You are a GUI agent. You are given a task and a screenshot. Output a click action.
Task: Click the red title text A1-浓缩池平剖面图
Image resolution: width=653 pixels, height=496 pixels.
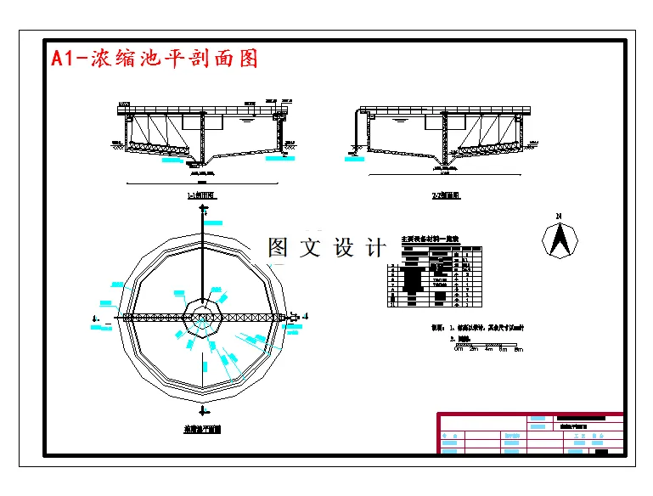tap(154, 59)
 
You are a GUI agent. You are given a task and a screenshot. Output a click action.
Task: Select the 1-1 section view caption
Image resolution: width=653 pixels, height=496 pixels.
tap(204, 195)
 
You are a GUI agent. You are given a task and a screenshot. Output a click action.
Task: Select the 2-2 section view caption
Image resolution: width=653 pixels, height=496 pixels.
tap(446, 195)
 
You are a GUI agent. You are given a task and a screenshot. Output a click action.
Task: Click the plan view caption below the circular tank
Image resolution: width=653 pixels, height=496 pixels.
tap(203, 429)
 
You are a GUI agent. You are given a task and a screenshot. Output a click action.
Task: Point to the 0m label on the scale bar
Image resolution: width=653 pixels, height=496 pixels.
tap(459, 348)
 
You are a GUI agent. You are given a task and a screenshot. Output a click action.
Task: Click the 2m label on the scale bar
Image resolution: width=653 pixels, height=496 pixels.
tap(475, 348)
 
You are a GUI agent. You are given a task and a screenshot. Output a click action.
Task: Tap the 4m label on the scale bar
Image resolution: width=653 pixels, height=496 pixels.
tap(490, 348)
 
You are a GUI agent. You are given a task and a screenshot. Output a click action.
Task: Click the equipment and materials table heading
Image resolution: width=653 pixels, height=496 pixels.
tap(430, 240)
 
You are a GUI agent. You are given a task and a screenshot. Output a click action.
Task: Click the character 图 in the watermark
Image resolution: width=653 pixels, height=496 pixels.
tap(279, 247)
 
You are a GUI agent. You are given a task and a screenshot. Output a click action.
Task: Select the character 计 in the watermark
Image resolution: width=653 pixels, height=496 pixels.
tap(375, 247)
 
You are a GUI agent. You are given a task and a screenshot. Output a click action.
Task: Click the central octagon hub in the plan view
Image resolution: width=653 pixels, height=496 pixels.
tap(204, 318)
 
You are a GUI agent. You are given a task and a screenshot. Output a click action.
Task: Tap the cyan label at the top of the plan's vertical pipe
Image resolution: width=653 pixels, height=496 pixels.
tap(212, 223)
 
